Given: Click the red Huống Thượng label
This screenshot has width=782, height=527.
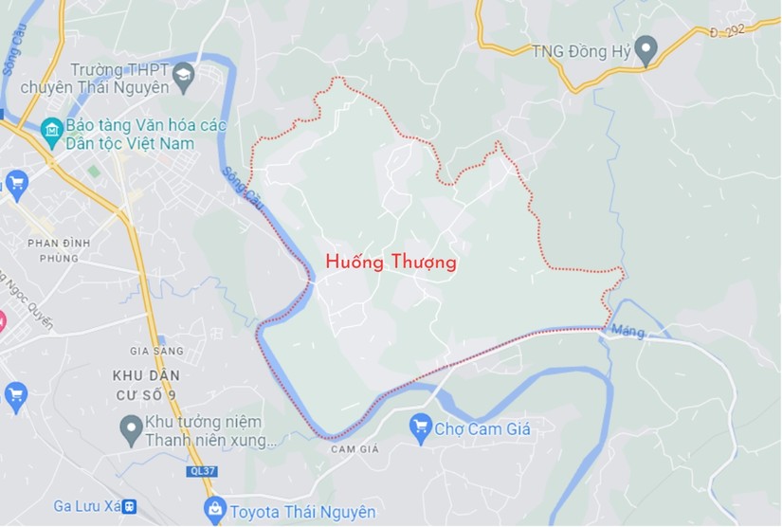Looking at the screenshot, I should click(x=391, y=263).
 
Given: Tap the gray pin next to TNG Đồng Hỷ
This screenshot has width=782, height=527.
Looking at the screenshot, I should click(x=646, y=49).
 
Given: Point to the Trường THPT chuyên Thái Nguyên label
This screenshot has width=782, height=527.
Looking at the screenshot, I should click(x=119, y=79).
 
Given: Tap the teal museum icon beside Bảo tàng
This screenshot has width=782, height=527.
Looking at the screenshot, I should click(x=51, y=128).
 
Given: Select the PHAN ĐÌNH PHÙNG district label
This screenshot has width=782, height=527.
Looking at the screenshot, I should click(x=59, y=250).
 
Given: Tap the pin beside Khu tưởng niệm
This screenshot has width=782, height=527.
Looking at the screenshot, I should click(x=131, y=429).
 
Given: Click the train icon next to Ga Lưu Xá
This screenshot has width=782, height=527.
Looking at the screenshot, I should click(x=129, y=505).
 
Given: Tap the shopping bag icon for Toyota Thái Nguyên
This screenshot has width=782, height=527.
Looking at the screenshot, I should click(x=215, y=509).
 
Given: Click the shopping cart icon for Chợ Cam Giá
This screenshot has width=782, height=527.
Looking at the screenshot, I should click(x=421, y=427).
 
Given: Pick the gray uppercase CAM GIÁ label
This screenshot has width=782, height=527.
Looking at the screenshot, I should click(x=355, y=449).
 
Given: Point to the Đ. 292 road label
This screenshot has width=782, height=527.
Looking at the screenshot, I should click(x=727, y=32).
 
